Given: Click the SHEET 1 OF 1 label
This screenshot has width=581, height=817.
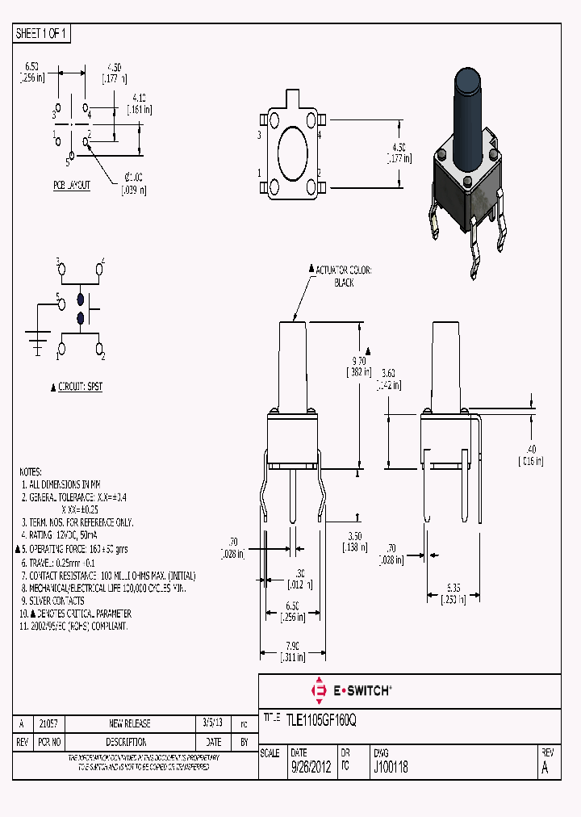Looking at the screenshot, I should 42,34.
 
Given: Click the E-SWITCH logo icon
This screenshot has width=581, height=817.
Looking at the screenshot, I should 318,690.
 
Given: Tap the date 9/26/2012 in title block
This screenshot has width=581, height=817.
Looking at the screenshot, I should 310,768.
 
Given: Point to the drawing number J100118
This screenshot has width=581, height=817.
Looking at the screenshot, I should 391,768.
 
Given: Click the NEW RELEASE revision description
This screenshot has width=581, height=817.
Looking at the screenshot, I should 129,723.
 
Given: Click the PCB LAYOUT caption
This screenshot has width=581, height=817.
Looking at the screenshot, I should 72,185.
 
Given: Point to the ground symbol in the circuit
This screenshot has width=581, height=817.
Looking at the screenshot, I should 36,341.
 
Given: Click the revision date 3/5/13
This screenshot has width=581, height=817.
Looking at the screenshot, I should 211,723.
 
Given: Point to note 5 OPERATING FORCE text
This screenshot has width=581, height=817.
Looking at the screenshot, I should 72,549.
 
